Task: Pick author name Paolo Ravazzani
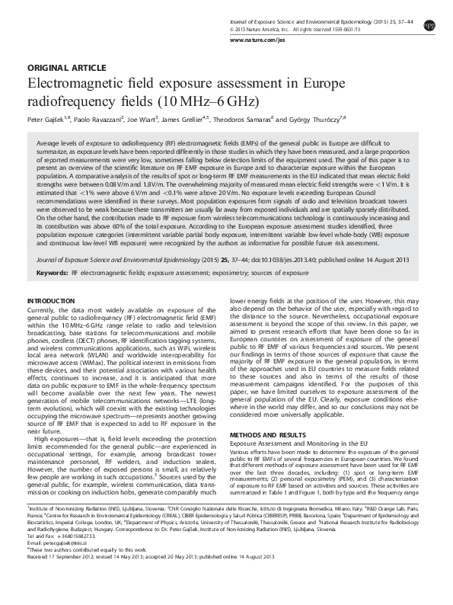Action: click(101, 120)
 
